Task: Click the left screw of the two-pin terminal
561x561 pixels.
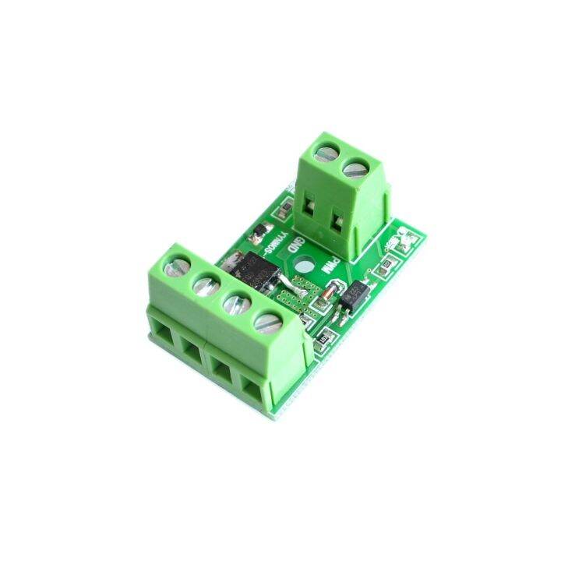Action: click(326, 148)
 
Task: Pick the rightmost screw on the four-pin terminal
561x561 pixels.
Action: click(266, 319)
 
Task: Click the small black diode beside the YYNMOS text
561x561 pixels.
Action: click(259, 231)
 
